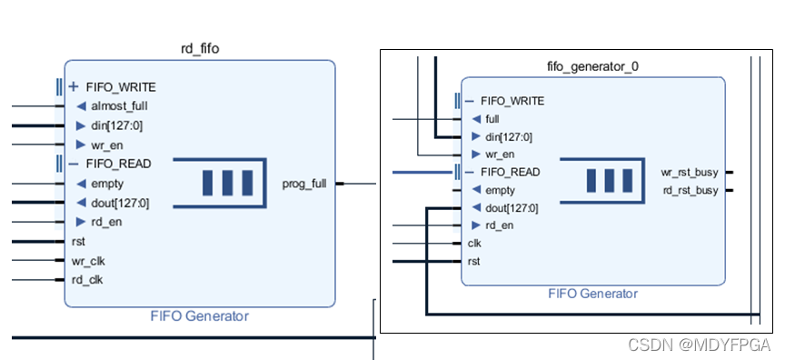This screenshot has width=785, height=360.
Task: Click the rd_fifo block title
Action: [200, 48]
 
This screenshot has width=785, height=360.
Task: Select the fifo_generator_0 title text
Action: [592, 66]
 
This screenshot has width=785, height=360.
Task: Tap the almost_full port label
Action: [119, 106]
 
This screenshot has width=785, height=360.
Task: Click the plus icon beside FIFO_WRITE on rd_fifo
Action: [74, 86]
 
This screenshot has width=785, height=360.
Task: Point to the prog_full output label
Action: [304, 184]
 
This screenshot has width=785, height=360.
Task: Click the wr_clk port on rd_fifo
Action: [88, 261]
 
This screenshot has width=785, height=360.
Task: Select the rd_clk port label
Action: [87, 279]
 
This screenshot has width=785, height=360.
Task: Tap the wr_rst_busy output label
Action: [690, 172]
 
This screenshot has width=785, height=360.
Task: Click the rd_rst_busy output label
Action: [691, 190]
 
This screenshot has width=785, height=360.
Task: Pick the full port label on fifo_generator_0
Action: [492, 119]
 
